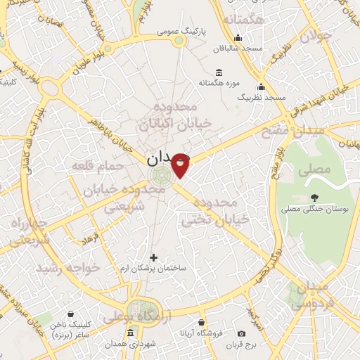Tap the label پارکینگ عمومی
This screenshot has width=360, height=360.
pyautogui.click(x=207, y=32)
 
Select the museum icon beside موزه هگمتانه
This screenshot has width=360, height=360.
pyautogui.click(x=219, y=73)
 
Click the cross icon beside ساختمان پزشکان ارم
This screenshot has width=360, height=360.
pyautogui.click(x=153, y=258)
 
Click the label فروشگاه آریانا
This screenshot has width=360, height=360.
pyautogui.click(x=203, y=331)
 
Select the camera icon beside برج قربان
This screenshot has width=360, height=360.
pyautogui.click(x=241, y=333)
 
